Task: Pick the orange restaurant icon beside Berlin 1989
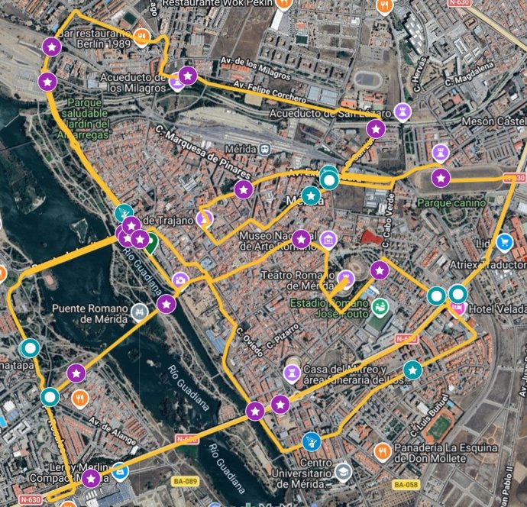click(x=141, y=36)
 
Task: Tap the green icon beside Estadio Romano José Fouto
click(x=380, y=308)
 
